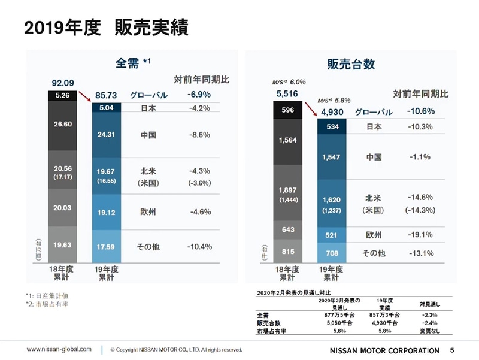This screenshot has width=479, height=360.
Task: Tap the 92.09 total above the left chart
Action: click(62, 83)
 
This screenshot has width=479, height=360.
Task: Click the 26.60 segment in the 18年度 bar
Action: click(62, 123)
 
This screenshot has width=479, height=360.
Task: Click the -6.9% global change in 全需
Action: click(198, 95)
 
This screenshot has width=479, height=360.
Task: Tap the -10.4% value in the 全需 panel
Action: click(198, 246)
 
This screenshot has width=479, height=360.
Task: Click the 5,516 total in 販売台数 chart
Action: click(287, 94)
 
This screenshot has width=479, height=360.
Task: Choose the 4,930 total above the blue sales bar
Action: click(333, 111)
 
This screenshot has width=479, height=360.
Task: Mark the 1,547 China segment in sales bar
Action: click(333, 157)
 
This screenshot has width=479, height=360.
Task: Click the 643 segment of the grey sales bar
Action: click(287, 229)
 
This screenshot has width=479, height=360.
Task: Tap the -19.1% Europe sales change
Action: click(420, 235)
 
